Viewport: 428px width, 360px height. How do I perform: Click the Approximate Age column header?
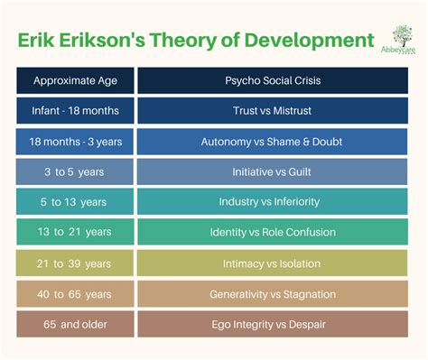click(75, 80)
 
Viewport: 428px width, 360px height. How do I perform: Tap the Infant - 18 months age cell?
click(75, 110)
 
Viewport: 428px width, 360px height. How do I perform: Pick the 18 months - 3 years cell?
click(75, 141)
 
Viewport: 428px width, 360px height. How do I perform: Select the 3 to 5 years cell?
click(75, 171)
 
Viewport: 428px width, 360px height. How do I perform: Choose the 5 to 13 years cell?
click(75, 202)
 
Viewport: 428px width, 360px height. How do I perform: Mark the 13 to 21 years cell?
click(75, 233)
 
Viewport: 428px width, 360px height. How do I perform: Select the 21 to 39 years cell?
click(75, 263)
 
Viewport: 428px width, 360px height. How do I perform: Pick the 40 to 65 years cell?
click(75, 294)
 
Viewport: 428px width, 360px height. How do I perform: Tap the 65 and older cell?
click(75, 325)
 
